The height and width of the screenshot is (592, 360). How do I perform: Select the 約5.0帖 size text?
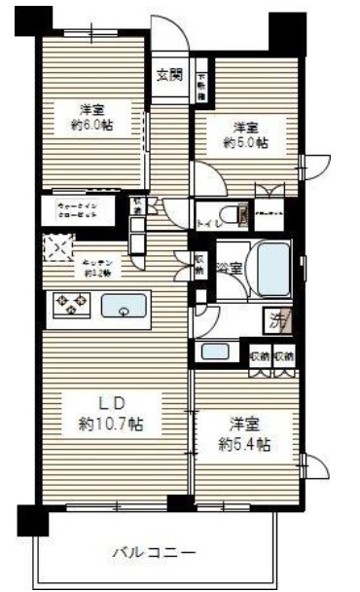(244, 142)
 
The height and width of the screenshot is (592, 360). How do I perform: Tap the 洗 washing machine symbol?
(277, 317)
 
